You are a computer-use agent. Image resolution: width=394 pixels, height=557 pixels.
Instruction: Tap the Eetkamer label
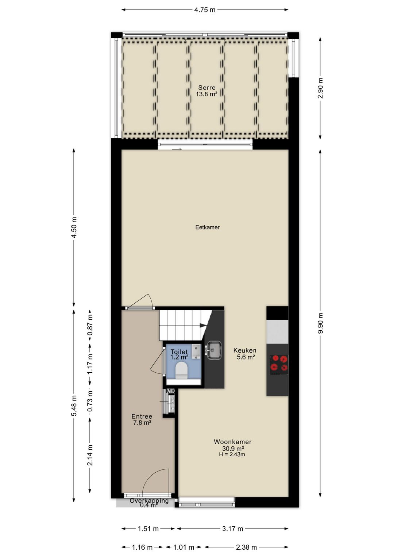coord(207,227)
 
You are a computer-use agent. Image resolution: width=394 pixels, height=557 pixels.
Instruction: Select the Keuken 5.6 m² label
coord(245,354)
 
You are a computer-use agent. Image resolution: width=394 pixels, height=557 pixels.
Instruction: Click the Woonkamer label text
coord(232,442)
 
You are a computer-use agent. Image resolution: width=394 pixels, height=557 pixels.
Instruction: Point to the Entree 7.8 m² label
coord(142,419)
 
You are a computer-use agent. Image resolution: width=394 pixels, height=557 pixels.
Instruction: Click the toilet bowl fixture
coord(181,370)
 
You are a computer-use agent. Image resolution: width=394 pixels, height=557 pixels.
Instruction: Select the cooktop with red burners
coord(278,365)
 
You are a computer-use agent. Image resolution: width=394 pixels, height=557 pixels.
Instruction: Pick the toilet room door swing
coord(158,363)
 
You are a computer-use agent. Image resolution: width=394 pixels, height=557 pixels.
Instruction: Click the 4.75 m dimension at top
coord(205,10)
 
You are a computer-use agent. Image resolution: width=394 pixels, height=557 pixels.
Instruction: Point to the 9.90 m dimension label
coord(320,323)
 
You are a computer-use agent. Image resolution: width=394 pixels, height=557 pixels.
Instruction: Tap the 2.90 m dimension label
coord(320,88)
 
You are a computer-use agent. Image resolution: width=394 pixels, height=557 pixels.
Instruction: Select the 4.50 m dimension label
coord(74,227)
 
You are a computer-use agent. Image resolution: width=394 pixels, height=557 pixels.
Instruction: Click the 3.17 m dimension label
coord(232,529)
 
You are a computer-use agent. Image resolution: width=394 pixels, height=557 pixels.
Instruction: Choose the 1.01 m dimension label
coord(184,547)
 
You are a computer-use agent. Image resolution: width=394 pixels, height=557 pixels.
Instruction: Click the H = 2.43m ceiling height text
coord(232,455)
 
